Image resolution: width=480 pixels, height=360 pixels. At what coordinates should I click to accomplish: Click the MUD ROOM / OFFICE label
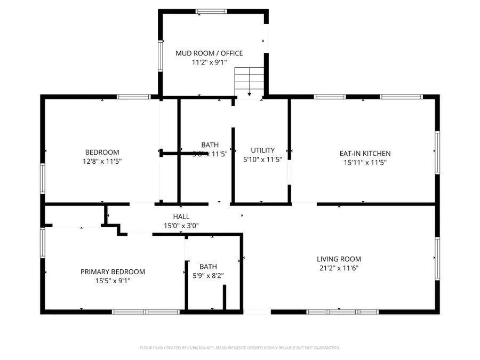[x=209, y=53]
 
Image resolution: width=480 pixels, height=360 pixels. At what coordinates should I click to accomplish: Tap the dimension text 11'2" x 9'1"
[x=209, y=62]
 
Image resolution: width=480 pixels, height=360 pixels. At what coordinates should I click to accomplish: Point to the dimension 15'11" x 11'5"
[x=365, y=162]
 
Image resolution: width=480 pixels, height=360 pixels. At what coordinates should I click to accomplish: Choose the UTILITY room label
[x=262, y=150]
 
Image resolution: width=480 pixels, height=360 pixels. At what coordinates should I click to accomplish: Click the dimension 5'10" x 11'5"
[x=262, y=159]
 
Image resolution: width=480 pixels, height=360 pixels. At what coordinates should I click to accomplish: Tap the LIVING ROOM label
[x=339, y=259]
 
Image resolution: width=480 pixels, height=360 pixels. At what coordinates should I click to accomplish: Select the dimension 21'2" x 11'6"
[x=339, y=268]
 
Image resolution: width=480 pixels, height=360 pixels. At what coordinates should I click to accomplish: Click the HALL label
[x=181, y=217]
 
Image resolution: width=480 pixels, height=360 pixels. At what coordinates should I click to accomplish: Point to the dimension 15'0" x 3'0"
[x=181, y=226]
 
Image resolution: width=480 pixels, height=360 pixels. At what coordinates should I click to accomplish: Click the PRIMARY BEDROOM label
[x=113, y=271]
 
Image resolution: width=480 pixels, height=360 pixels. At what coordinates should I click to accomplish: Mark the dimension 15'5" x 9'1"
[x=113, y=281]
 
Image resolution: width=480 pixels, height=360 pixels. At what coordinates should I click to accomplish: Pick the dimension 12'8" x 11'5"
[x=102, y=161]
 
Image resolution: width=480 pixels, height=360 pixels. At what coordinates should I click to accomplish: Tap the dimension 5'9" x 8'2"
[x=208, y=276]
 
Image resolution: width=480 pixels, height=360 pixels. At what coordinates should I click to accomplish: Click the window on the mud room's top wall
[x=211, y=11]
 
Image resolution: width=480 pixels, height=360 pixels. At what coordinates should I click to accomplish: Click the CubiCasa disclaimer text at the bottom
[x=239, y=348]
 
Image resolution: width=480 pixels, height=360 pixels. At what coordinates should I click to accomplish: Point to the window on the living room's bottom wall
[x=342, y=311]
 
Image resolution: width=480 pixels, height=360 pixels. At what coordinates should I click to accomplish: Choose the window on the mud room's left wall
[x=160, y=55]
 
